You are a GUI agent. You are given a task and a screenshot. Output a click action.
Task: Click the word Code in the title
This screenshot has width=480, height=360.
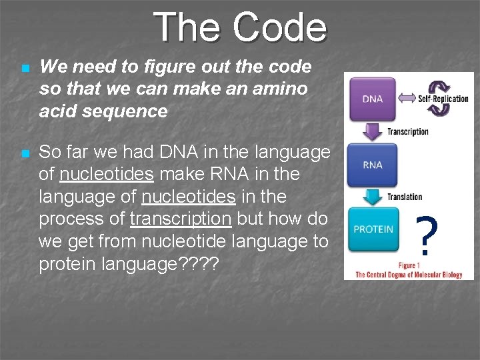(x=280, y=28)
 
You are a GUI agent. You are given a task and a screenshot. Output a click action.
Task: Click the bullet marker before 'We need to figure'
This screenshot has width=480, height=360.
(x=25, y=68)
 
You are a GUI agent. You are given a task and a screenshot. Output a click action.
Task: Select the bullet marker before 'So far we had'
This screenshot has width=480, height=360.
(x=25, y=153)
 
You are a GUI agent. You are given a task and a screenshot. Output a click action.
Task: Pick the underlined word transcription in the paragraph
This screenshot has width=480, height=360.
(x=181, y=219)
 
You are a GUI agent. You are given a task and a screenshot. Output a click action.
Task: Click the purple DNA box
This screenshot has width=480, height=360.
(x=372, y=99)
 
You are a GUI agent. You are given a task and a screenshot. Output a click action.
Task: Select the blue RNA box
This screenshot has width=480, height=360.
(x=372, y=165)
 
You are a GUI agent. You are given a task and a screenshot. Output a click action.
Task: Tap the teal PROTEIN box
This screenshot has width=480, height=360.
(x=373, y=229)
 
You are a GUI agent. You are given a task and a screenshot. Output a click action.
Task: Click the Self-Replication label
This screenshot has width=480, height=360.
(x=443, y=99)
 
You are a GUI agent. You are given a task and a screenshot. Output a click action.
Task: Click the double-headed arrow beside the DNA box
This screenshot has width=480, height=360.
(x=407, y=99)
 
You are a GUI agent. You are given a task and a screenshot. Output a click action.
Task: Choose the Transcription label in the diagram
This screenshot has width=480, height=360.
(x=407, y=131)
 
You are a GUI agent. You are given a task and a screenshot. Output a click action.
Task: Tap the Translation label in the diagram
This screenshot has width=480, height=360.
(x=405, y=197)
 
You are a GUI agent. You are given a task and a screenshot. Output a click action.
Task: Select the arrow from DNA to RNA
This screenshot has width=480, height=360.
(x=372, y=131)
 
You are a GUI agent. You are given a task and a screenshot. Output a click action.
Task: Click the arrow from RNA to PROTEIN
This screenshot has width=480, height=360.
(x=372, y=196)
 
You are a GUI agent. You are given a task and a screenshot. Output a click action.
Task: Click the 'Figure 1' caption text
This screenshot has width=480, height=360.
(x=408, y=265)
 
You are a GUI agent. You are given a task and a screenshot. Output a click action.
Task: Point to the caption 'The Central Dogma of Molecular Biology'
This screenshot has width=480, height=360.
(x=408, y=275)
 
